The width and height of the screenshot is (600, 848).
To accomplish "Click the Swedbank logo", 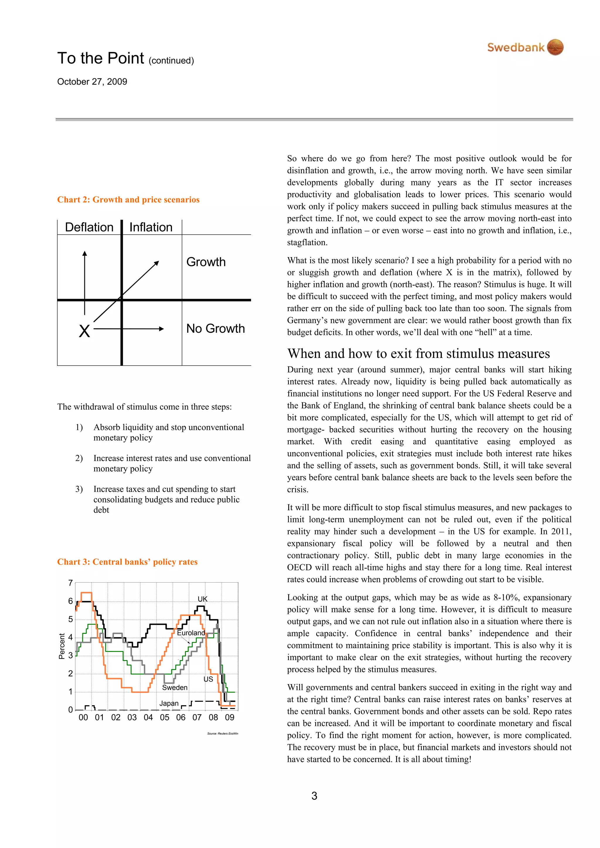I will pyautogui.click(x=525, y=47).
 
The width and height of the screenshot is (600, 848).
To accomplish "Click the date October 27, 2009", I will pyautogui.click(x=92, y=82).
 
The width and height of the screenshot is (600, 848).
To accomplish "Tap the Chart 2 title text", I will pyautogui.click(x=128, y=200).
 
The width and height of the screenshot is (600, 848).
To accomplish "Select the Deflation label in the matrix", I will pyautogui.click(x=89, y=227).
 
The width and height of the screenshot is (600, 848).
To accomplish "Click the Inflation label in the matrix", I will pyautogui.click(x=151, y=227).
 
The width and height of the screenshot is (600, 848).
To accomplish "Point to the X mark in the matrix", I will pyautogui.click(x=84, y=331).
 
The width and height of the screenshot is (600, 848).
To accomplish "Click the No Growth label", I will pyautogui.click(x=216, y=328).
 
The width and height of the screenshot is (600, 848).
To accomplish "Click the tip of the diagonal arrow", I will pyautogui.click(x=158, y=262).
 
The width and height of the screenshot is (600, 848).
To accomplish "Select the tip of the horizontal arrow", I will pyautogui.click(x=163, y=329).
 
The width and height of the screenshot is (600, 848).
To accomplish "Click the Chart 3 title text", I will pyautogui.click(x=127, y=562).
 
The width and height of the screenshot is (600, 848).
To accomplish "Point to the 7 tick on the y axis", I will pyautogui.click(x=70, y=583).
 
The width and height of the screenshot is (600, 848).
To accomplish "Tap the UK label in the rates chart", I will pyautogui.click(x=202, y=599).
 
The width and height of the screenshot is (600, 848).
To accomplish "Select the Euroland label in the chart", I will pyautogui.click(x=191, y=633).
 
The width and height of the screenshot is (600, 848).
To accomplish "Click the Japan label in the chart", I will pyautogui.click(x=169, y=703).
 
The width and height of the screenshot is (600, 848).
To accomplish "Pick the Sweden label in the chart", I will pyautogui.click(x=175, y=687).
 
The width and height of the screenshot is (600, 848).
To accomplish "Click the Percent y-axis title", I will pyautogui.click(x=62, y=646).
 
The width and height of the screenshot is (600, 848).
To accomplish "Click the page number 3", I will pyautogui.click(x=314, y=796).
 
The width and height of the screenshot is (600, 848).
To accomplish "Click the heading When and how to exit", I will pyautogui.click(x=418, y=353).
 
